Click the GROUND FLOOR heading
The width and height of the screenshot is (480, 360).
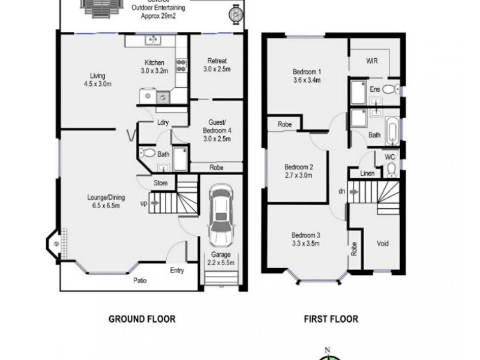[x=142, y=319]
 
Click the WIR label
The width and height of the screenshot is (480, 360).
[x=372, y=61]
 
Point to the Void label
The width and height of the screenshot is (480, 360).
[x=383, y=244]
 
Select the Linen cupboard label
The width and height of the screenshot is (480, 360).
[x=368, y=174]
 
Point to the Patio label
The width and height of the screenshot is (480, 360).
[x=139, y=280]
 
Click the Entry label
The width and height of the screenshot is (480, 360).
[x=176, y=270]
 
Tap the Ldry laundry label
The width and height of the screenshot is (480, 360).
[x=162, y=123]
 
